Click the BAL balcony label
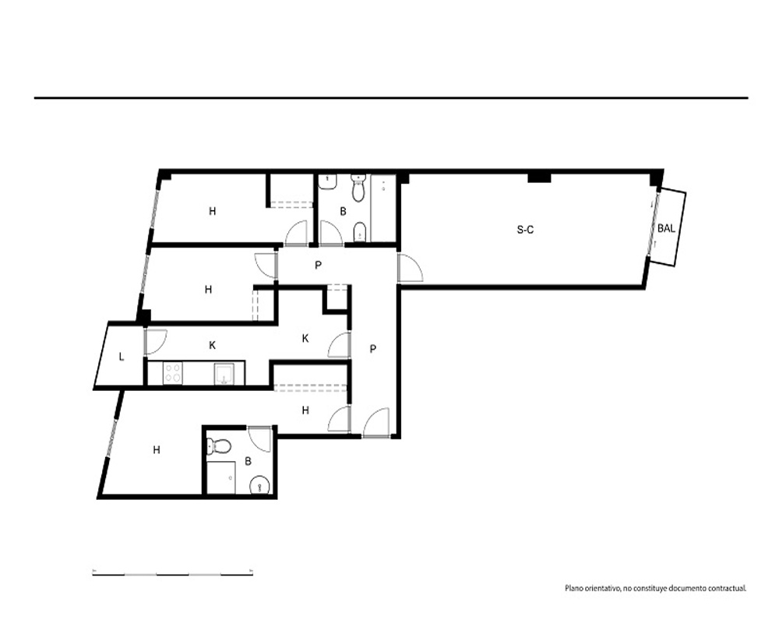(666, 228)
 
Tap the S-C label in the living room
(525, 230)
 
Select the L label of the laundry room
(122, 357)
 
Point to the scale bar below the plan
(172, 574)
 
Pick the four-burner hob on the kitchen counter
(173, 373)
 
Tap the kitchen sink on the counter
(224, 374)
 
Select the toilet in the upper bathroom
(358, 188)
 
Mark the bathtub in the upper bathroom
(383, 208)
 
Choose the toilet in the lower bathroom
(218, 446)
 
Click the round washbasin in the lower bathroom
(259, 485)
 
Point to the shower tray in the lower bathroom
(221, 477)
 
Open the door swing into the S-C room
(410, 268)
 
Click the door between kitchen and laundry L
(155, 342)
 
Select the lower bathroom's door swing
(260, 438)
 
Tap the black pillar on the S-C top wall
(539, 176)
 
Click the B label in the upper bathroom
(343, 212)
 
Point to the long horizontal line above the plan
(391, 98)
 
